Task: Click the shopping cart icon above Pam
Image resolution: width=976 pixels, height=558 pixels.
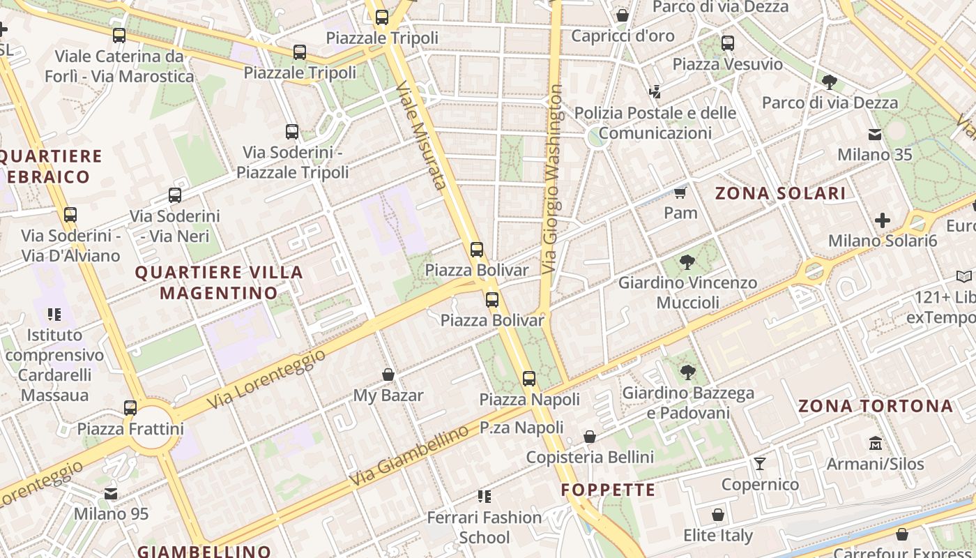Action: [680, 193]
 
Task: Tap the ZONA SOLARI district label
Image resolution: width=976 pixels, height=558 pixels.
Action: [780, 194]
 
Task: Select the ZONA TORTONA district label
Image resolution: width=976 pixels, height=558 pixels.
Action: [875, 406]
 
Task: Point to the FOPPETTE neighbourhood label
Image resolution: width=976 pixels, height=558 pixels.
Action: [609, 490]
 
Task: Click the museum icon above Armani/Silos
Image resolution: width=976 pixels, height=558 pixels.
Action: [875, 443]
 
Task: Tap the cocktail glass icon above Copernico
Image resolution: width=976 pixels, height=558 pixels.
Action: [760, 464]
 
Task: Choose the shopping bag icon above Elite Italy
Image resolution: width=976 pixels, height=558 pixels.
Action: [718, 515]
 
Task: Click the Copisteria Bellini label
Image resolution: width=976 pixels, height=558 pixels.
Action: [590, 457]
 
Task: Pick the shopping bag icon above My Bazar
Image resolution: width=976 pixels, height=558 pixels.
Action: [388, 375]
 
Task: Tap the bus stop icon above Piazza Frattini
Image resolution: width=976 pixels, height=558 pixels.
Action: [130, 407]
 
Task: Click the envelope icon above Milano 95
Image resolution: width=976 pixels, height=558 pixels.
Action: [111, 494]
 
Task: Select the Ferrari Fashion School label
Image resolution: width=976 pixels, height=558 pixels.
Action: [484, 527]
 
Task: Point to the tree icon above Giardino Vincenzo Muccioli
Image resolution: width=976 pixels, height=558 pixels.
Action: [687, 262]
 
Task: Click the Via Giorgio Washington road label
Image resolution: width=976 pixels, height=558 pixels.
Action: [553, 179]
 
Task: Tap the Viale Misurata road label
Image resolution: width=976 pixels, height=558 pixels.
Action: [420, 135]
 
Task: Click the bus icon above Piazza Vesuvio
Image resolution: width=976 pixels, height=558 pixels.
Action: [728, 43]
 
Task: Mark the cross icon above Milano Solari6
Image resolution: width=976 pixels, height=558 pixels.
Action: [882, 221]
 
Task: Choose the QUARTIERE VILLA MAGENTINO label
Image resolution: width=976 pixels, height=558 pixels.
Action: [219, 282]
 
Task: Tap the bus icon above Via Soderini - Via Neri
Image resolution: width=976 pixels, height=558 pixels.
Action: [175, 195]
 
